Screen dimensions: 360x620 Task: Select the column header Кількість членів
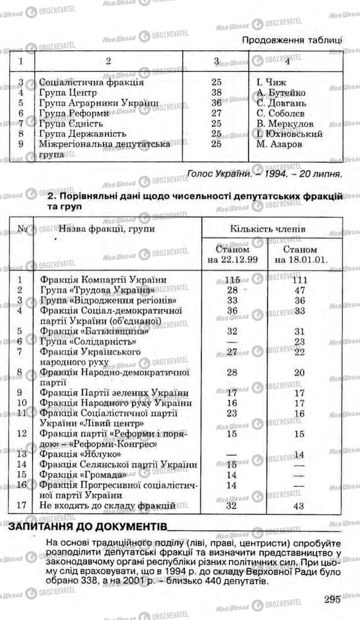(x=268, y=230)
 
